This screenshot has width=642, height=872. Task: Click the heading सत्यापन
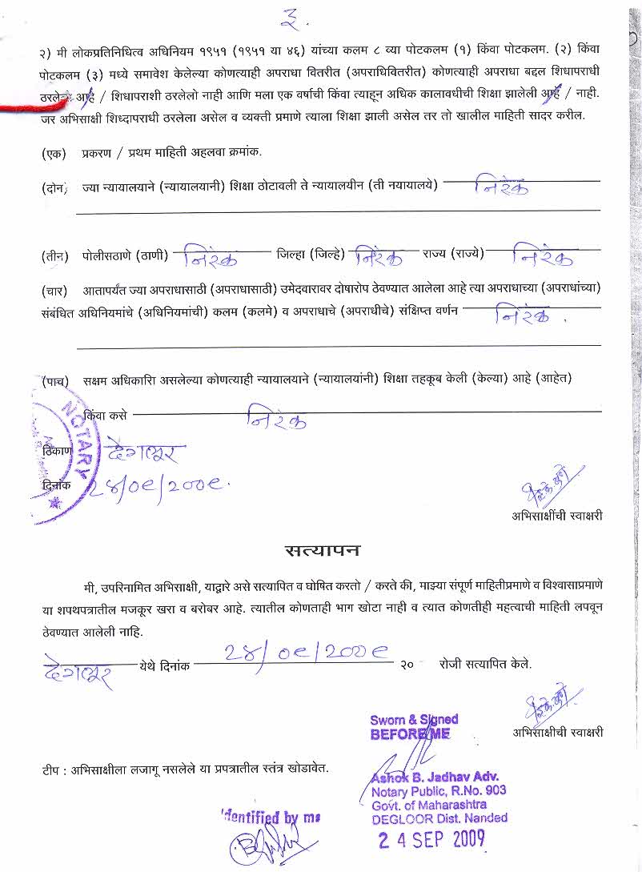coord(323,551)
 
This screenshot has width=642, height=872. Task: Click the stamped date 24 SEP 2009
coord(431,839)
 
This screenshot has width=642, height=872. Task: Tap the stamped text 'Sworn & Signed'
coord(414,720)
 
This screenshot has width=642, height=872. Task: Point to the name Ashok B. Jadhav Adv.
coord(435,777)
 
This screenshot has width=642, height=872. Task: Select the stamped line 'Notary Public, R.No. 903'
coord(439,791)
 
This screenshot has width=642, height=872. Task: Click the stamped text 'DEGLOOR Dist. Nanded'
coord(439,818)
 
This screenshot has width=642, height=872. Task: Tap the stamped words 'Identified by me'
coord(271,818)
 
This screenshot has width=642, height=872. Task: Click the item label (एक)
coord(54,152)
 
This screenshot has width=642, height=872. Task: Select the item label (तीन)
coord(54,256)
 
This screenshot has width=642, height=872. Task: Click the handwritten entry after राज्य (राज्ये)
coord(542,258)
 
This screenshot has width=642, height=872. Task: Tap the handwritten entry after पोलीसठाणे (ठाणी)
coord(211,259)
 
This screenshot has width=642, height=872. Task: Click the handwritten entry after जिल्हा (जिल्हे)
coord(379,258)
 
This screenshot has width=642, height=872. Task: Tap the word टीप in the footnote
coord(53,770)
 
